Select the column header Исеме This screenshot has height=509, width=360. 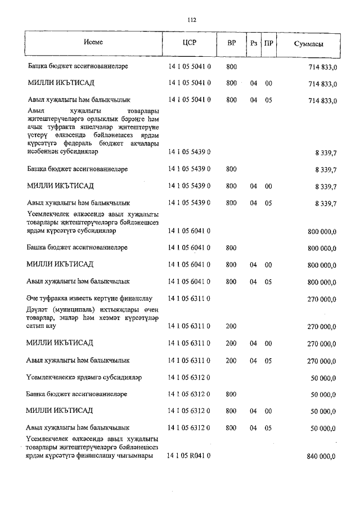point(93,43)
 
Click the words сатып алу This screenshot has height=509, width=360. point(43,326)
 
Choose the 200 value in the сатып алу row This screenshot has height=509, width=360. point(231,326)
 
